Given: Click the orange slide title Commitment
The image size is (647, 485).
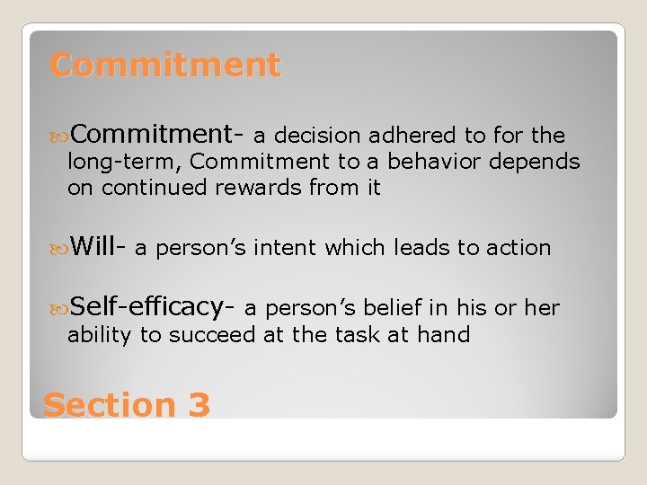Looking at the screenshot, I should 165,65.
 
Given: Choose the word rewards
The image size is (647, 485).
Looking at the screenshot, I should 258,188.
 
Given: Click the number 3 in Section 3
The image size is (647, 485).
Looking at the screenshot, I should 199,405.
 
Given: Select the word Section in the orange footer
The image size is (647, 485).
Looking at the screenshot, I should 108,405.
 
